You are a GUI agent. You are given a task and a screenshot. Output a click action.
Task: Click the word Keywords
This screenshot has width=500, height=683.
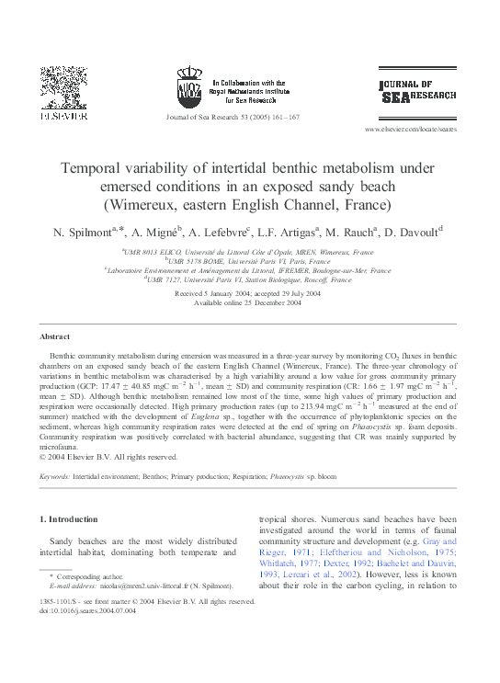[x=56, y=477]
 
